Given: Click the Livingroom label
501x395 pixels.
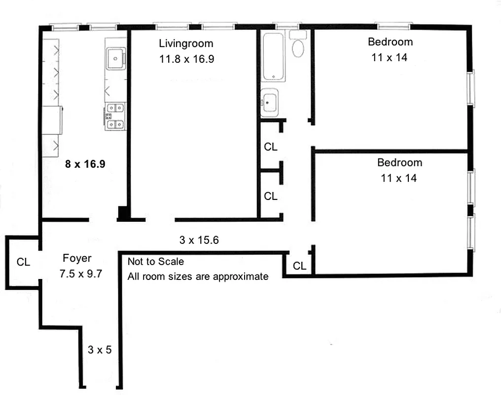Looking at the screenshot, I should coord(186,43).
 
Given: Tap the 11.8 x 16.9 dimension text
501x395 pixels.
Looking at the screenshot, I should coord(186,59).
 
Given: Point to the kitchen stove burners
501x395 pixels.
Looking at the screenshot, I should coord(115,116).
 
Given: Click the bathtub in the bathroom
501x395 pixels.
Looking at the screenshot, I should coord(273,56).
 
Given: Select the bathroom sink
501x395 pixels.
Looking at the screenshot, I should coord(269,102).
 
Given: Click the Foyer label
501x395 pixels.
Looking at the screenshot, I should coord(77,258).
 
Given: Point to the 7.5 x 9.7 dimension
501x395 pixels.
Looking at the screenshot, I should coord(80,274).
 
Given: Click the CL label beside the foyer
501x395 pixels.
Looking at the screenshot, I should coord(23,262).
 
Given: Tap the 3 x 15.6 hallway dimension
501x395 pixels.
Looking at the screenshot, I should coord(199,240).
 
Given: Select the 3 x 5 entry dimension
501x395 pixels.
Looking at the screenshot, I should coord(100,350).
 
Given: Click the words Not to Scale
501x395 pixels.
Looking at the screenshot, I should coord(155,261).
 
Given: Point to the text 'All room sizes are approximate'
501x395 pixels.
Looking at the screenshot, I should coord(198,276).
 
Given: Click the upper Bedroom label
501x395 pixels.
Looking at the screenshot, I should coord(390,41).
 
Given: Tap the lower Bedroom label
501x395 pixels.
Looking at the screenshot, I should coord(399,162).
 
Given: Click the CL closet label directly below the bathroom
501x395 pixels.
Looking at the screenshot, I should coord(271,147).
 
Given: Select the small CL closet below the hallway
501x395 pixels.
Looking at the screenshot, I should coord(299,266).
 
